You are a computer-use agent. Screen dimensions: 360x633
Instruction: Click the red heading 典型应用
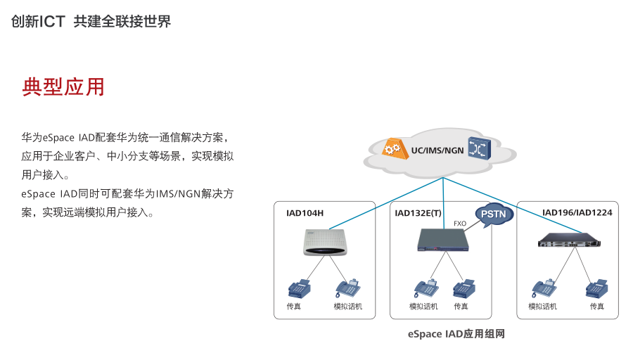[63, 87]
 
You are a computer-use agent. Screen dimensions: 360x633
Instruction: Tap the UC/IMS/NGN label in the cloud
[437, 150]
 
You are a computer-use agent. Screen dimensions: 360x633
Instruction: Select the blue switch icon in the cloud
[480, 148]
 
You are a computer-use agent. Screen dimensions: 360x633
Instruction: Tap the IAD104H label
[305, 213]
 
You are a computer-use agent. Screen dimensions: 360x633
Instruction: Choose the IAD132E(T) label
[418, 213]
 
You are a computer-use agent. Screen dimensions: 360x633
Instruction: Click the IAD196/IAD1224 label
[577, 212]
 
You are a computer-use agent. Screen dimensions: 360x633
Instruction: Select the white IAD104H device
[326, 243]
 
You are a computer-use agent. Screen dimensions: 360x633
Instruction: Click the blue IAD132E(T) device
[443, 239]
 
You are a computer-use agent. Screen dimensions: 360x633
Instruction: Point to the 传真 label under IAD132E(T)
[461, 307]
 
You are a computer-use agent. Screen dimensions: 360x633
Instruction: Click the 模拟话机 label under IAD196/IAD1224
[542, 307]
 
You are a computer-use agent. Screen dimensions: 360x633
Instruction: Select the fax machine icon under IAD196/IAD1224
[596, 288]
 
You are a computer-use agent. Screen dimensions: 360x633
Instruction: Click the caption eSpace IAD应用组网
[456, 334]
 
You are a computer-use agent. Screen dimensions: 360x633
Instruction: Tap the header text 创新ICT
[38, 22]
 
